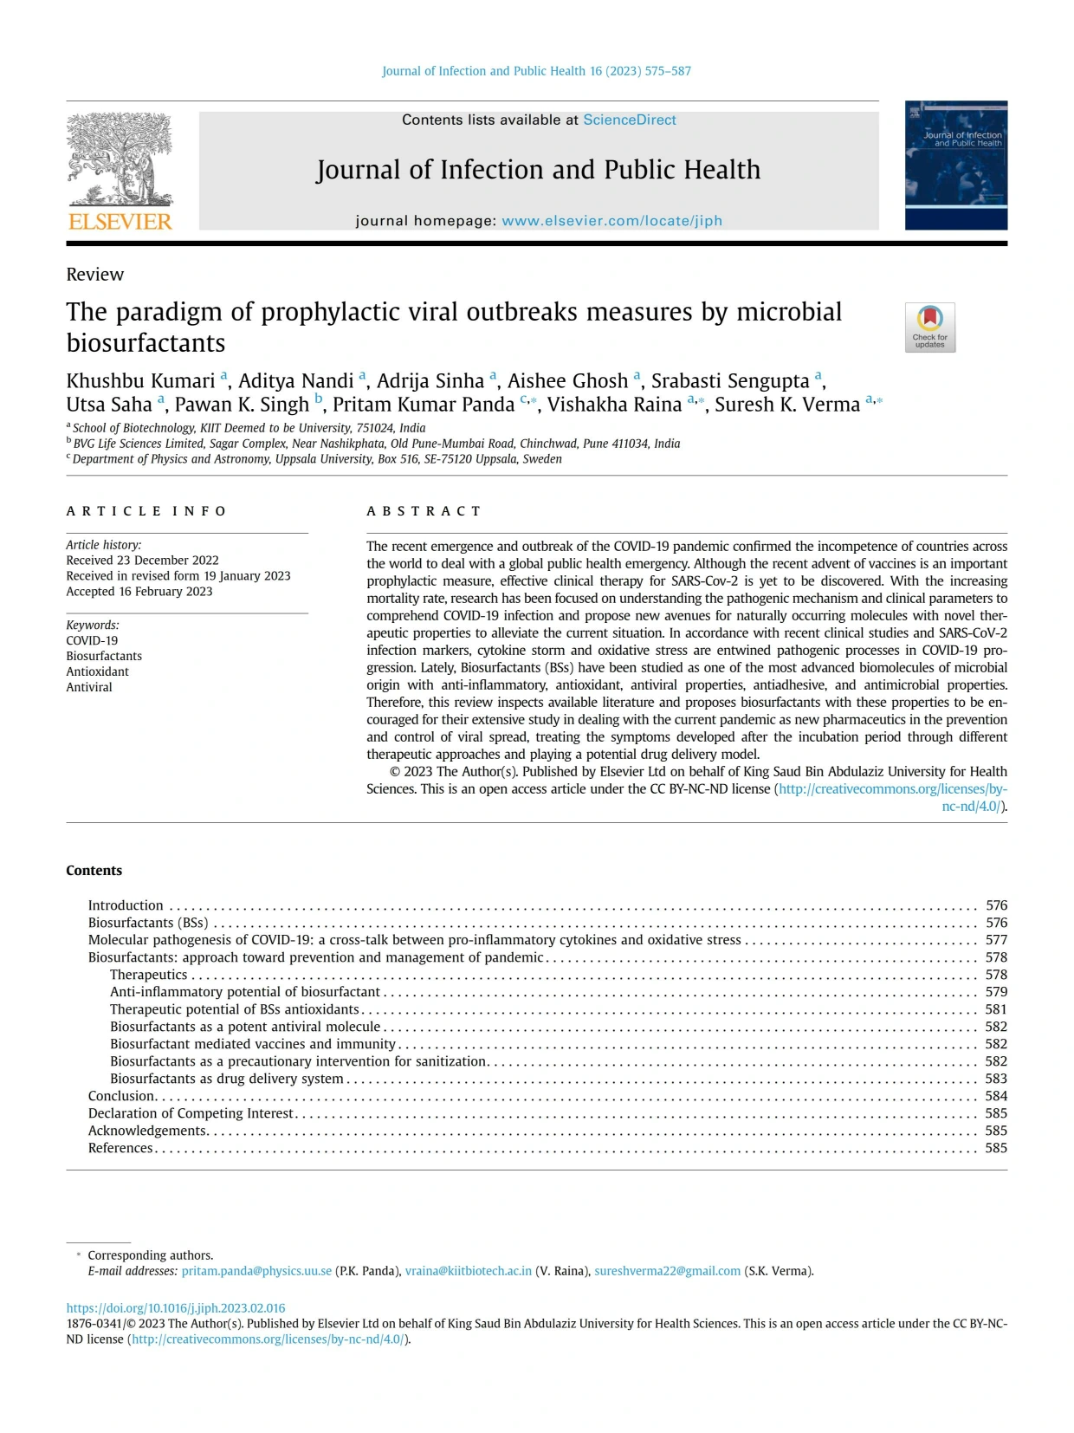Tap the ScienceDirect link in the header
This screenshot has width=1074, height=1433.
(x=629, y=120)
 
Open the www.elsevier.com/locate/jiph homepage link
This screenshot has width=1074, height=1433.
(x=611, y=220)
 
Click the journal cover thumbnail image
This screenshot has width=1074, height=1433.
(x=955, y=165)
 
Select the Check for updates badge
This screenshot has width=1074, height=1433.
(x=929, y=327)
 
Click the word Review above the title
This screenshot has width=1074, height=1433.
(x=95, y=275)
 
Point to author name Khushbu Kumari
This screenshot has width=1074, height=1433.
(x=140, y=381)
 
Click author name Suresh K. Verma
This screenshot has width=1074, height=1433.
(x=786, y=405)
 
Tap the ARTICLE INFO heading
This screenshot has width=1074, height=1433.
(x=146, y=511)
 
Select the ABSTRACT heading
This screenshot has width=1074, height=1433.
(x=424, y=511)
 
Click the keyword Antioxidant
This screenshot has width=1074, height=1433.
(x=97, y=671)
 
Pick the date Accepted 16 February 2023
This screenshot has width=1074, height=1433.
(x=139, y=592)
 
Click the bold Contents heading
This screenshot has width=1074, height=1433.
(x=94, y=871)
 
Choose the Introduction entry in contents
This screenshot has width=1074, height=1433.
(x=126, y=905)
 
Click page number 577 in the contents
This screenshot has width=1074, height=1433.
(x=996, y=940)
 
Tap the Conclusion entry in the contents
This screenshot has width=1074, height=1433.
(x=120, y=1096)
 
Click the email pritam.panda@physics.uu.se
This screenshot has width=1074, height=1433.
(x=256, y=1271)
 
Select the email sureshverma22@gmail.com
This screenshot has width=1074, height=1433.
(x=667, y=1271)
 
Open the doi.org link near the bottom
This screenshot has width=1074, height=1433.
(x=176, y=1308)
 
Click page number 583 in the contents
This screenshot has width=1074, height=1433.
(x=996, y=1079)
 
